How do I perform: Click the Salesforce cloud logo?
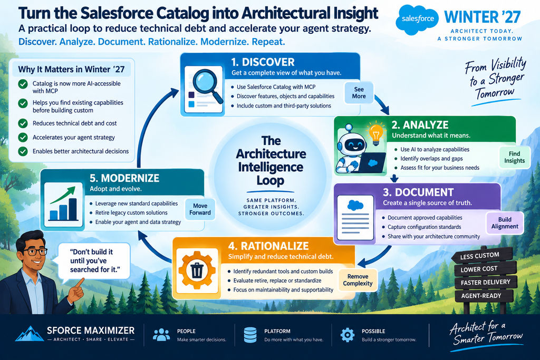point(418,20)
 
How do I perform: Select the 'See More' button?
point(359,93)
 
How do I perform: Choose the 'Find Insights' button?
point(515,157)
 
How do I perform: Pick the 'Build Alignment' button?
point(505,223)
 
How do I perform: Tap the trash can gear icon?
point(197,270)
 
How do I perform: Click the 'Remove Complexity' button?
point(358,280)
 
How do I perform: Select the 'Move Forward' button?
point(200,209)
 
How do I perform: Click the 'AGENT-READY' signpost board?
point(483,296)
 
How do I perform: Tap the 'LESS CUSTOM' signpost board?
point(481,256)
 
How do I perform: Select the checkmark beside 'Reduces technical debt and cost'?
point(23,123)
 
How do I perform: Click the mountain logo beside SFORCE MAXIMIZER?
point(30,334)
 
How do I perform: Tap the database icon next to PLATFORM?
point(250,335)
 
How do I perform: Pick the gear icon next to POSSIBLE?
point(347,335)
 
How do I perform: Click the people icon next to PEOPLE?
point(161,335)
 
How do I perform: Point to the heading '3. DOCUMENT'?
point(418,192)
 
